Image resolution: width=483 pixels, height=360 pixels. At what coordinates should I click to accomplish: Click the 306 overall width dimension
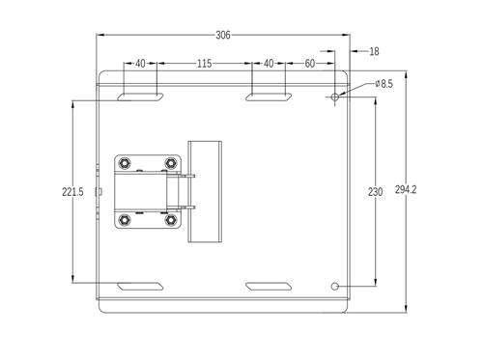pyautogui.click(x=223, y=35)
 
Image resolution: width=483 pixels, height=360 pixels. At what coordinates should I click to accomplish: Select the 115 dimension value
pyautogui.click(x=204, y=64)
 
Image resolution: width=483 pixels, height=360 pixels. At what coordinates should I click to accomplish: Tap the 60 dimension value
pyautogui.click(x=309, y=64)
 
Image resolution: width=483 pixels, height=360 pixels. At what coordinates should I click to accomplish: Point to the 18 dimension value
pyautogui.click(x=374, y=51)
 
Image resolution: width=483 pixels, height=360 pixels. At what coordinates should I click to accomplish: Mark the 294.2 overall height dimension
pyautogui.click(x=406, y=191)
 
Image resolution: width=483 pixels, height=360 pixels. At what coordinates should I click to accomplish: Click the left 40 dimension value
pyautogui.click(x=140, y=64)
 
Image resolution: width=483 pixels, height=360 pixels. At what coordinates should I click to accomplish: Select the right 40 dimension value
pyautogui.click(x=268, y=64)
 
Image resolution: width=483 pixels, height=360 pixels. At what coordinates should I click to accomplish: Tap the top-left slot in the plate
pyautogui.click(x=141, y=97)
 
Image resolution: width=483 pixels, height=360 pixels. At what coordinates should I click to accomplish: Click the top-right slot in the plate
pyautogui.click(x=268, y=97)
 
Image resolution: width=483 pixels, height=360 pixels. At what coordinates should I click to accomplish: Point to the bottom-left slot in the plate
pyautogui.click(x=141, y=287)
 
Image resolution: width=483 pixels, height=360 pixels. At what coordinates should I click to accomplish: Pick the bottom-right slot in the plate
pyautogui.click(x=268, y=287)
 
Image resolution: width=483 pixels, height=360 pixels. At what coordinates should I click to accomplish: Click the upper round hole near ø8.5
pyautogui.click(x=335, y=97)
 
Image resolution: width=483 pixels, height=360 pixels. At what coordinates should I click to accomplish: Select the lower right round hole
pyautogui.click(x=335, y=287)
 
